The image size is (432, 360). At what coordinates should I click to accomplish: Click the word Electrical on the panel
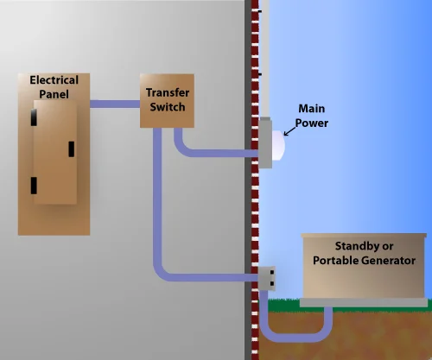54,80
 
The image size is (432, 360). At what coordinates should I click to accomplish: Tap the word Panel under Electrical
54,94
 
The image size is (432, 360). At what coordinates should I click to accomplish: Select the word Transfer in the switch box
168,92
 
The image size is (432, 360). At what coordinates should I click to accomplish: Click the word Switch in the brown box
168,107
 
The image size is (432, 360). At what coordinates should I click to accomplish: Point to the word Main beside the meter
312,109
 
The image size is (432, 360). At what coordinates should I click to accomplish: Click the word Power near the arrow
312,123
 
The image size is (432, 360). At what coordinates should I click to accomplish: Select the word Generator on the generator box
389,261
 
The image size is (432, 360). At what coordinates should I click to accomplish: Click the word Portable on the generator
336,261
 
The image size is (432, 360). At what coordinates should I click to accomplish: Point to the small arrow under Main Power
289,131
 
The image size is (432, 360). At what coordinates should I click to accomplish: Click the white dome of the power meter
278,145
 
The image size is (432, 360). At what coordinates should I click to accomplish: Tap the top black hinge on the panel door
34,117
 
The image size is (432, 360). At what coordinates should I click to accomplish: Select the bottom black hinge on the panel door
34,186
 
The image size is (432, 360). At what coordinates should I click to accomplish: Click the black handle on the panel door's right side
72,149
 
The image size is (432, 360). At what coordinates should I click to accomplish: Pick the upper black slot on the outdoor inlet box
272,272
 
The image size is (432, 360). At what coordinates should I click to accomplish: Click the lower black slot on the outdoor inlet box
272,284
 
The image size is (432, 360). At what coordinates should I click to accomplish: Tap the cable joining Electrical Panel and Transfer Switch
115,104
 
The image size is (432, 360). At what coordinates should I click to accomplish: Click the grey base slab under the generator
364,302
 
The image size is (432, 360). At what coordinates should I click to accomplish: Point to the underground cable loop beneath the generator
296,338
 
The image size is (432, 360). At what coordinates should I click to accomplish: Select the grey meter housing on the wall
265,142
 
